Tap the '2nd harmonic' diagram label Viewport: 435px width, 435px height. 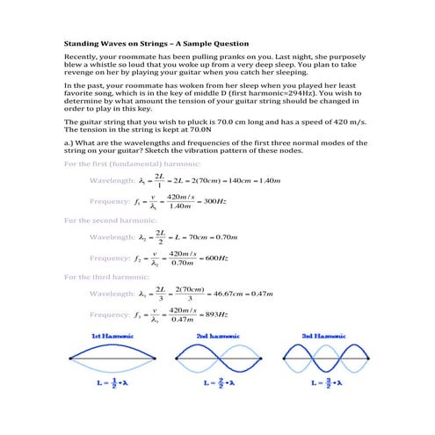[x=214, y=336]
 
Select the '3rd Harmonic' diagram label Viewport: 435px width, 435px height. [x=323, y=336]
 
